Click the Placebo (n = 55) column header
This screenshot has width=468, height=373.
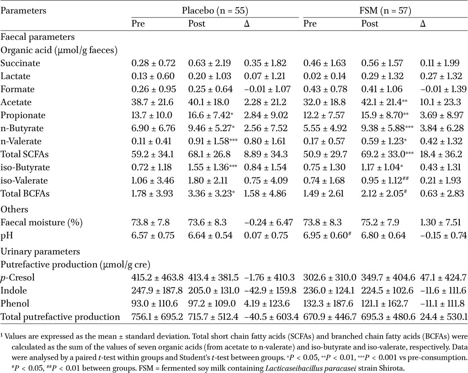(215, 11)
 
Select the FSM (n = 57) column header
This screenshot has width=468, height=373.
(385, 11)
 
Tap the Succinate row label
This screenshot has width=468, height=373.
(20, 63)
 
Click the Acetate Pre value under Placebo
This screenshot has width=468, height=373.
(152, 102)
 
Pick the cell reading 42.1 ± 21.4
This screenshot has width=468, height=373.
(382, 102)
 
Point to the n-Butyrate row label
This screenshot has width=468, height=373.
(22, 128)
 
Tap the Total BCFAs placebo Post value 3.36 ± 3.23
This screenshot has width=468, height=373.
(209, 193)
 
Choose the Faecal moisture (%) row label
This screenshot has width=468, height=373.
(42, 222)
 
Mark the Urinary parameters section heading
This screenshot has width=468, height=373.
(40, 251)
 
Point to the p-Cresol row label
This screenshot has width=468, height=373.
(18, 277)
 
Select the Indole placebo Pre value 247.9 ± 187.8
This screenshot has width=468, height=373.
(157, 290)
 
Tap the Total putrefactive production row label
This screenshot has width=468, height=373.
(60, 317)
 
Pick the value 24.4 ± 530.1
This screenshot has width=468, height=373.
(443, 317)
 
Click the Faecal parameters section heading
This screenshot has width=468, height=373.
(37, 37)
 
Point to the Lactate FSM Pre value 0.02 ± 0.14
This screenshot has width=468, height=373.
(325, 76)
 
